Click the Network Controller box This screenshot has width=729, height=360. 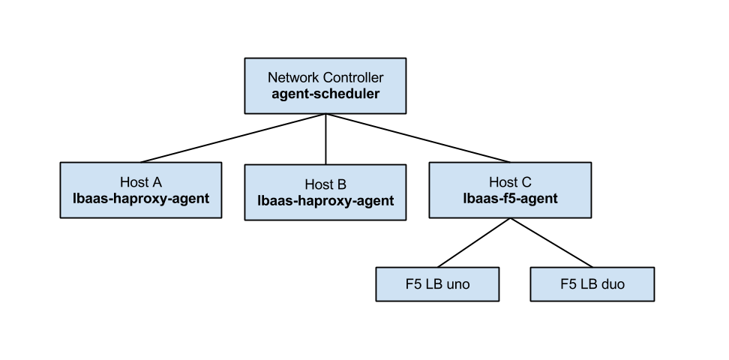pos(325,86)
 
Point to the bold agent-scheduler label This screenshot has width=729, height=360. pos(325,94)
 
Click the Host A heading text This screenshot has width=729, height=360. pos(140,182)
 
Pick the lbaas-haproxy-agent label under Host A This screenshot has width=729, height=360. pos(140,199)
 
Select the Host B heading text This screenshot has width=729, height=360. pos(325,184)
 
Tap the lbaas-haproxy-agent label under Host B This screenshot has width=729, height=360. pos(325,201)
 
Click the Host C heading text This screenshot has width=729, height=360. pos(510,182)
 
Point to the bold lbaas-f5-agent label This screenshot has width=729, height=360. pos(510,199)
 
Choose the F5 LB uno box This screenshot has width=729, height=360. pos(437,284)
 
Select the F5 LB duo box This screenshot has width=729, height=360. pos(592,284)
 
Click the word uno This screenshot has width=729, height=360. pos(457,285)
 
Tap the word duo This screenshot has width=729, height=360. pos(611,285)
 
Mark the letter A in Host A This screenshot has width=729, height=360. pos(157,182)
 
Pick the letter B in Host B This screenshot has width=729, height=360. pos(341,184)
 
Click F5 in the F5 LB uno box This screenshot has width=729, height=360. pos(412,285)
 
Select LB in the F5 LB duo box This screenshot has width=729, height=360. pos(587,285)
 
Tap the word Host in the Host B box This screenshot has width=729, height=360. pos(318,184)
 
